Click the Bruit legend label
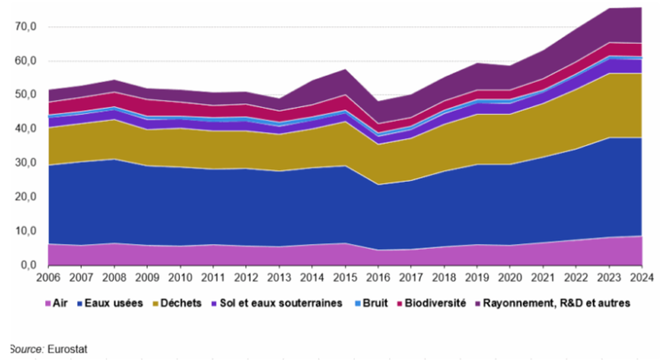(x=375, y=303)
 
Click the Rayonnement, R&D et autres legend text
(x=556, y=303)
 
